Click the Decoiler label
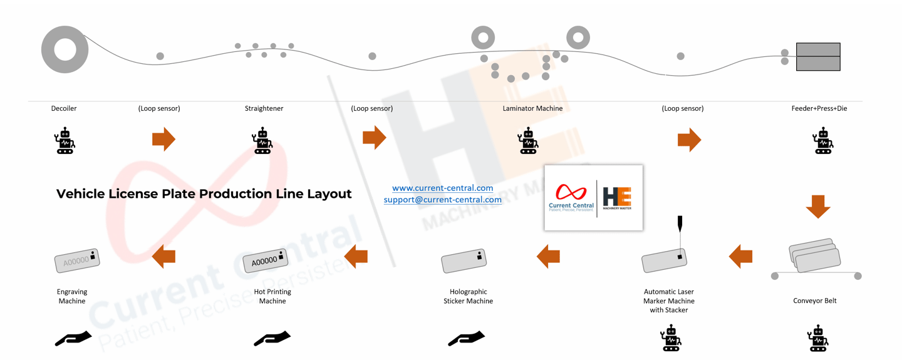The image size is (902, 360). point(64,108)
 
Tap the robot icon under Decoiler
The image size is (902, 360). point(64,141)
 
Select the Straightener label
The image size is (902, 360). point(264,108)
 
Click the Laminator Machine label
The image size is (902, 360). point(532,108)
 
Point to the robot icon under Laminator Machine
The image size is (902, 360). point(528,141)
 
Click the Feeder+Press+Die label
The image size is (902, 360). point(819,108)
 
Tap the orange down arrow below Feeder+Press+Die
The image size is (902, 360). point(817,207)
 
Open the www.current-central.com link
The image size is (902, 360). point(442,188)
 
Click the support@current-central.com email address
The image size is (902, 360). point(442,200)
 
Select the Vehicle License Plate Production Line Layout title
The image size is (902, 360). point(204,194)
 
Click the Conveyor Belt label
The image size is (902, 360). point(815,301)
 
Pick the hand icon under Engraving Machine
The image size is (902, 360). point(73,338)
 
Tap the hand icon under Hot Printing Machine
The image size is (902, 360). point(272,338)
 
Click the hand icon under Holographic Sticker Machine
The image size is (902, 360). point(467,338)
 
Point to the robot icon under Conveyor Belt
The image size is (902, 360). point(817,338)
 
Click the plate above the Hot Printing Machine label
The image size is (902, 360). point(267,260)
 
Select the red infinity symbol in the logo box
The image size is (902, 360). point(571,192)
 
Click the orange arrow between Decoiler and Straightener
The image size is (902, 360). point(164,139)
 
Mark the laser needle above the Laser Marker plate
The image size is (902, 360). point(680,224)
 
